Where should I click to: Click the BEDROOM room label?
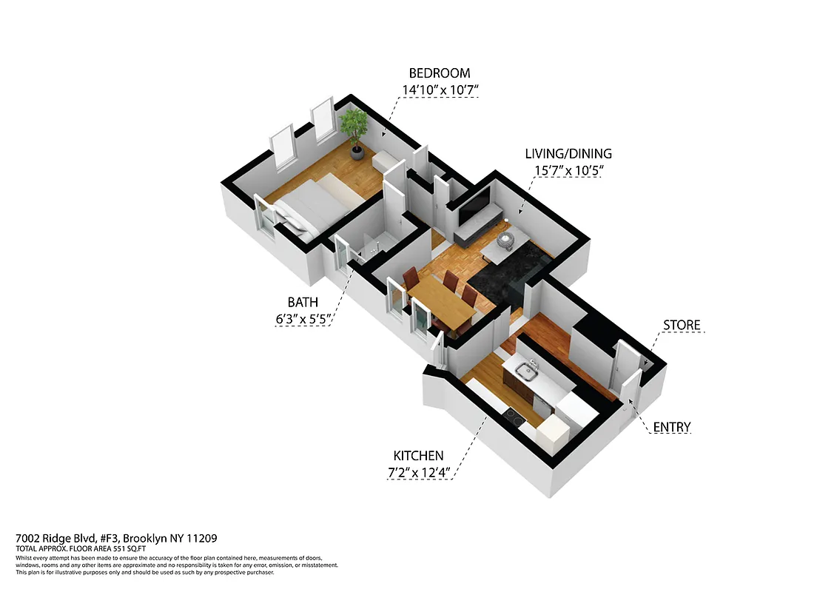pyautogui.click(x=440, y=73)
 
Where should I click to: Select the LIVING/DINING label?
pyautogui.click(x=568, y=154)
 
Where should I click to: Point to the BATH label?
pyautogui.click(x=303, y=302)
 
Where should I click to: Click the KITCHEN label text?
pyautogui.click(x=419, y=456)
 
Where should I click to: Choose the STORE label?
pyautogui.click(x=681, y=326)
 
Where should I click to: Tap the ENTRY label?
pyautogui.click(x=671, y=427)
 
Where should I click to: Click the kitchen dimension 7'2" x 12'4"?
pyautogui.click(x=419, y=472)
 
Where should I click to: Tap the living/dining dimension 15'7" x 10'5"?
pyautogui.click(x=568, y=171)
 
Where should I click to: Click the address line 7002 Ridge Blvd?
pyautogui.click(x=116, y=538)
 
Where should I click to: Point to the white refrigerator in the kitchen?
pyautogui.click(x=551, y=433)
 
